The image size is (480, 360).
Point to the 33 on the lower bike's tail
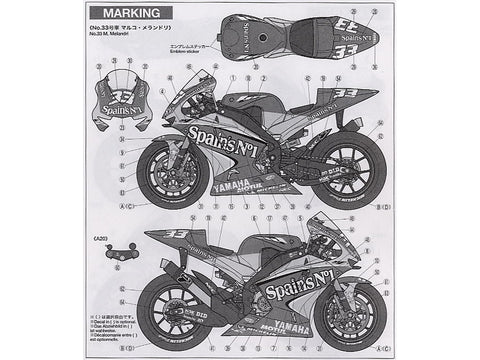tap(176, 236)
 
